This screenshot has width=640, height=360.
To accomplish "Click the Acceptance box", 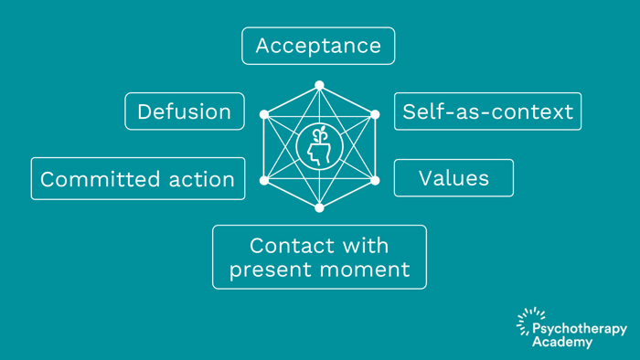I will tap(318, 46).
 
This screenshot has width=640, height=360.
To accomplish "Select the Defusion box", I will tap(185, 111).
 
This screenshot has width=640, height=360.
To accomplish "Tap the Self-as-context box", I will tap(487, 111).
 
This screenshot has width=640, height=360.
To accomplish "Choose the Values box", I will tap(453, 178).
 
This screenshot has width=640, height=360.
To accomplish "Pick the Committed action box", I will tap(138, 179).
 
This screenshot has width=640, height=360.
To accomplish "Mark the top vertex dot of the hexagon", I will tap(319, 85).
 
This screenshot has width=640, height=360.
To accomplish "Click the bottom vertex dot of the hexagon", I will tap(319, 208).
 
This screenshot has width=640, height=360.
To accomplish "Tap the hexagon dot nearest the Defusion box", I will tap(265, 115).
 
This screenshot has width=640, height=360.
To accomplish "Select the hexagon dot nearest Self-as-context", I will tap(374, 115).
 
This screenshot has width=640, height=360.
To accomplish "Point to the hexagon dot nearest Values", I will tap(374, 180).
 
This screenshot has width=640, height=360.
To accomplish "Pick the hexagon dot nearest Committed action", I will tap(265, 180).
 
